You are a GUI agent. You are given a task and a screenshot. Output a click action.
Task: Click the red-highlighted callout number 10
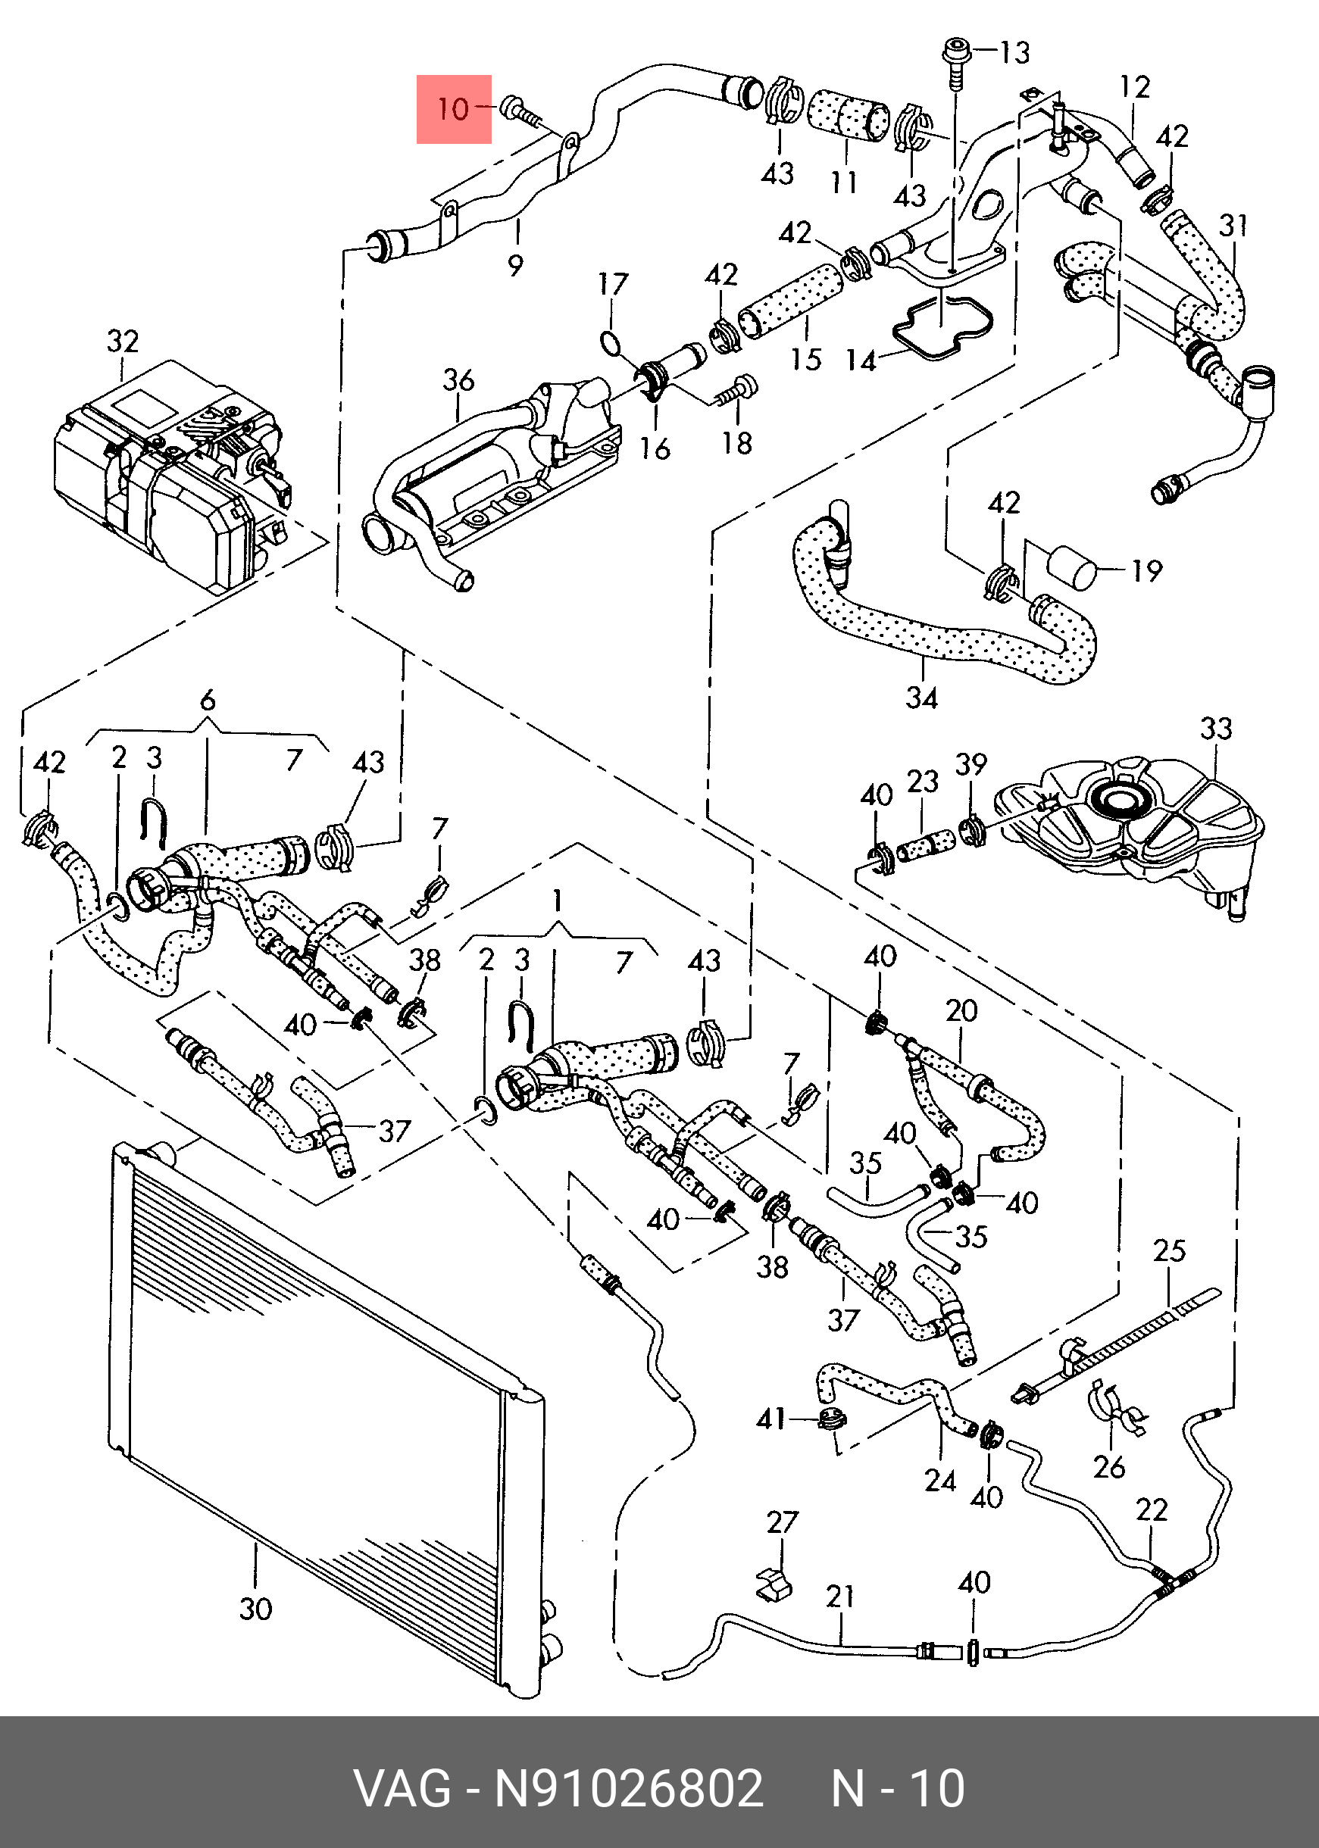click(453, 109)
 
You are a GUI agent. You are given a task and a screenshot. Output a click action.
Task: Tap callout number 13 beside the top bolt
click(1014, 53)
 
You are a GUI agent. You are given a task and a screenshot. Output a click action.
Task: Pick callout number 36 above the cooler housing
click(458, 380)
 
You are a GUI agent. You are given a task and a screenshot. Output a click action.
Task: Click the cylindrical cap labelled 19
click(1074, 568)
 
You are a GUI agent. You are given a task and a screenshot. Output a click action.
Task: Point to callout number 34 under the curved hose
click(922, 698)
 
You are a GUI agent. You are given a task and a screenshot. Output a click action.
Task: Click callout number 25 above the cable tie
click(1170, 1250)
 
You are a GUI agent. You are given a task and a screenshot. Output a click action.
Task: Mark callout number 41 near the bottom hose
click(770, 1419)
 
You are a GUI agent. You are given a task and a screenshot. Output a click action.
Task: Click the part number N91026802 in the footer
click(630, 1788)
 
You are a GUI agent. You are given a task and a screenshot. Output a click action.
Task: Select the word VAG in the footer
click(402, 1788)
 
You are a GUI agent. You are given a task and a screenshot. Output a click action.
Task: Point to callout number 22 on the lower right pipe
click(1152, 1510)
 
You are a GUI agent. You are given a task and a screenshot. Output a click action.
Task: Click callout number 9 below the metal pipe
click(515, 264)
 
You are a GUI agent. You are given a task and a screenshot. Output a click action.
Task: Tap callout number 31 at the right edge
click(1233, 225)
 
